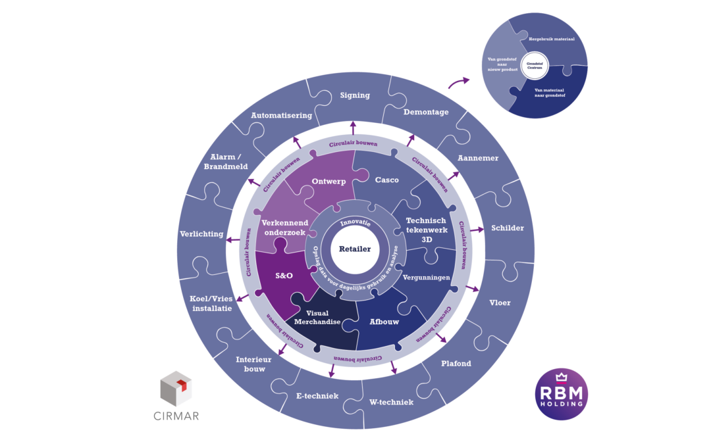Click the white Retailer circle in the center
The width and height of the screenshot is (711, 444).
coord(355,249)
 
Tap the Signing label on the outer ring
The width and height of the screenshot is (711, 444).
coord(355,95)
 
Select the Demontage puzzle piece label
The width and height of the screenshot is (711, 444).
coord(425,112)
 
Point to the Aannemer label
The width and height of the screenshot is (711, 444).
coord(478,159)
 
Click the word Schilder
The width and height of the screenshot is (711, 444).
coord(507,228)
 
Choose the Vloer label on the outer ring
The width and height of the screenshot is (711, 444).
coord(500,303)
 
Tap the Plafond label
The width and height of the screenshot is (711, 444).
coord(456,363)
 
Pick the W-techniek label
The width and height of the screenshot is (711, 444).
coord(392,401)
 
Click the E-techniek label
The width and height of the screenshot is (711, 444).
coord(317,396)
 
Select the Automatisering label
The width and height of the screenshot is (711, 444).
coord(281,116)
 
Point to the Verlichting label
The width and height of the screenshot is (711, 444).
coord(201,234)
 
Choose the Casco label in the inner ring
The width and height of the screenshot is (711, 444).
coord(386,180)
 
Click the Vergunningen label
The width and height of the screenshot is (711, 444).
coord(426,278)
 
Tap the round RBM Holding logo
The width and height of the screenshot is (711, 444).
coord(562,394)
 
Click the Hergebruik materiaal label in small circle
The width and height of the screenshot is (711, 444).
coord(551,39)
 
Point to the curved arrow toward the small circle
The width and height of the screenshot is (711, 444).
coord(459,83)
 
